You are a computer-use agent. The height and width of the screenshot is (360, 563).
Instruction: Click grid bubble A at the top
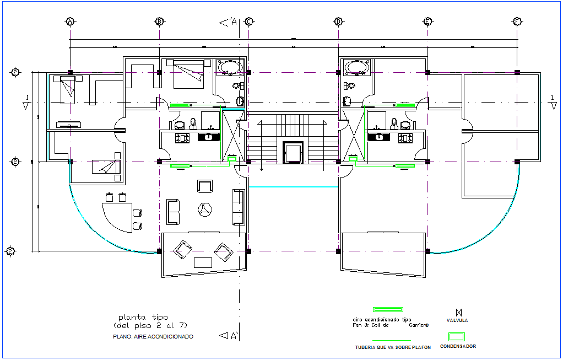[70, 22]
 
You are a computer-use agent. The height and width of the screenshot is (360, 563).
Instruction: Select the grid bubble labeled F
[517, 22]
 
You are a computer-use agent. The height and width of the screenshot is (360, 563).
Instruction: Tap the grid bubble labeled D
[338, 22]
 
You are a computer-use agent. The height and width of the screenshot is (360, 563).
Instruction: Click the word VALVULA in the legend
[457, 320]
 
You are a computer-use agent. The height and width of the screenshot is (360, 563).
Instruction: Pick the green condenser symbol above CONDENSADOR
[456, 336]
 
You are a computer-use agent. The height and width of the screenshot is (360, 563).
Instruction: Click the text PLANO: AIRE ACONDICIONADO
[153, 336]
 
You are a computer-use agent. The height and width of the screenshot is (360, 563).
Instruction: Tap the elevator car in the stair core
[293, 152]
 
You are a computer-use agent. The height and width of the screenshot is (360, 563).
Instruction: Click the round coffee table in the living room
[204, 208]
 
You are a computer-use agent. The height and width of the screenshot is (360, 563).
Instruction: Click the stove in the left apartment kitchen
[182, 137]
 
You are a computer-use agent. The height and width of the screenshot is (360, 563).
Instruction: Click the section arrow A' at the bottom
[228, 335]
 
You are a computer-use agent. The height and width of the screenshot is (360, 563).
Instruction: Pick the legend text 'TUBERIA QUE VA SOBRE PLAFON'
[392, 347]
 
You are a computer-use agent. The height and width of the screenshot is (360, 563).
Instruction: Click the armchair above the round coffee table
[204, 186]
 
